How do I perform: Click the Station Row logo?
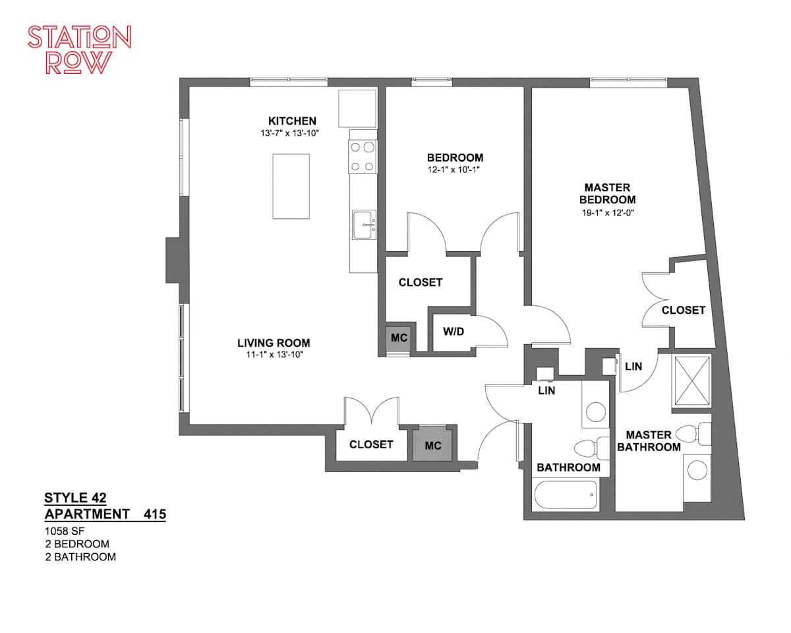pos(79,49)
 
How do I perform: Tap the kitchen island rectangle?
pos(291,186)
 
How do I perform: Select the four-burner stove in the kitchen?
pos(363,156)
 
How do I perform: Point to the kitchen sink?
pos(364,225)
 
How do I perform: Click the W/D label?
pos(454,332)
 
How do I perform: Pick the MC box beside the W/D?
pos(399,338)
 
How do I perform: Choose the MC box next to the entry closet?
pos(432,446)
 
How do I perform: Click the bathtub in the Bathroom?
pos(566,495)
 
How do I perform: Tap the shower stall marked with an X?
pos(692,380)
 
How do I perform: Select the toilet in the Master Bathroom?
pos(693,435)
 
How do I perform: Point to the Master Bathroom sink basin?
pos(697,470)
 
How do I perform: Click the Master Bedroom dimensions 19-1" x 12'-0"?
pos(608,212)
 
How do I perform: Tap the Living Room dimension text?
pos(275,355)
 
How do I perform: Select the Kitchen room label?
pos(292,121)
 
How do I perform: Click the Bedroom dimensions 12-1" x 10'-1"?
pos(454,169)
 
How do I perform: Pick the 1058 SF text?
pos(65,531)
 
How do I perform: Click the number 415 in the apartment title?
pos(155,514)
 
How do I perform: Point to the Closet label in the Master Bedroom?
pos(684,310)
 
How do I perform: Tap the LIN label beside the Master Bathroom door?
pos(633,367)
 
